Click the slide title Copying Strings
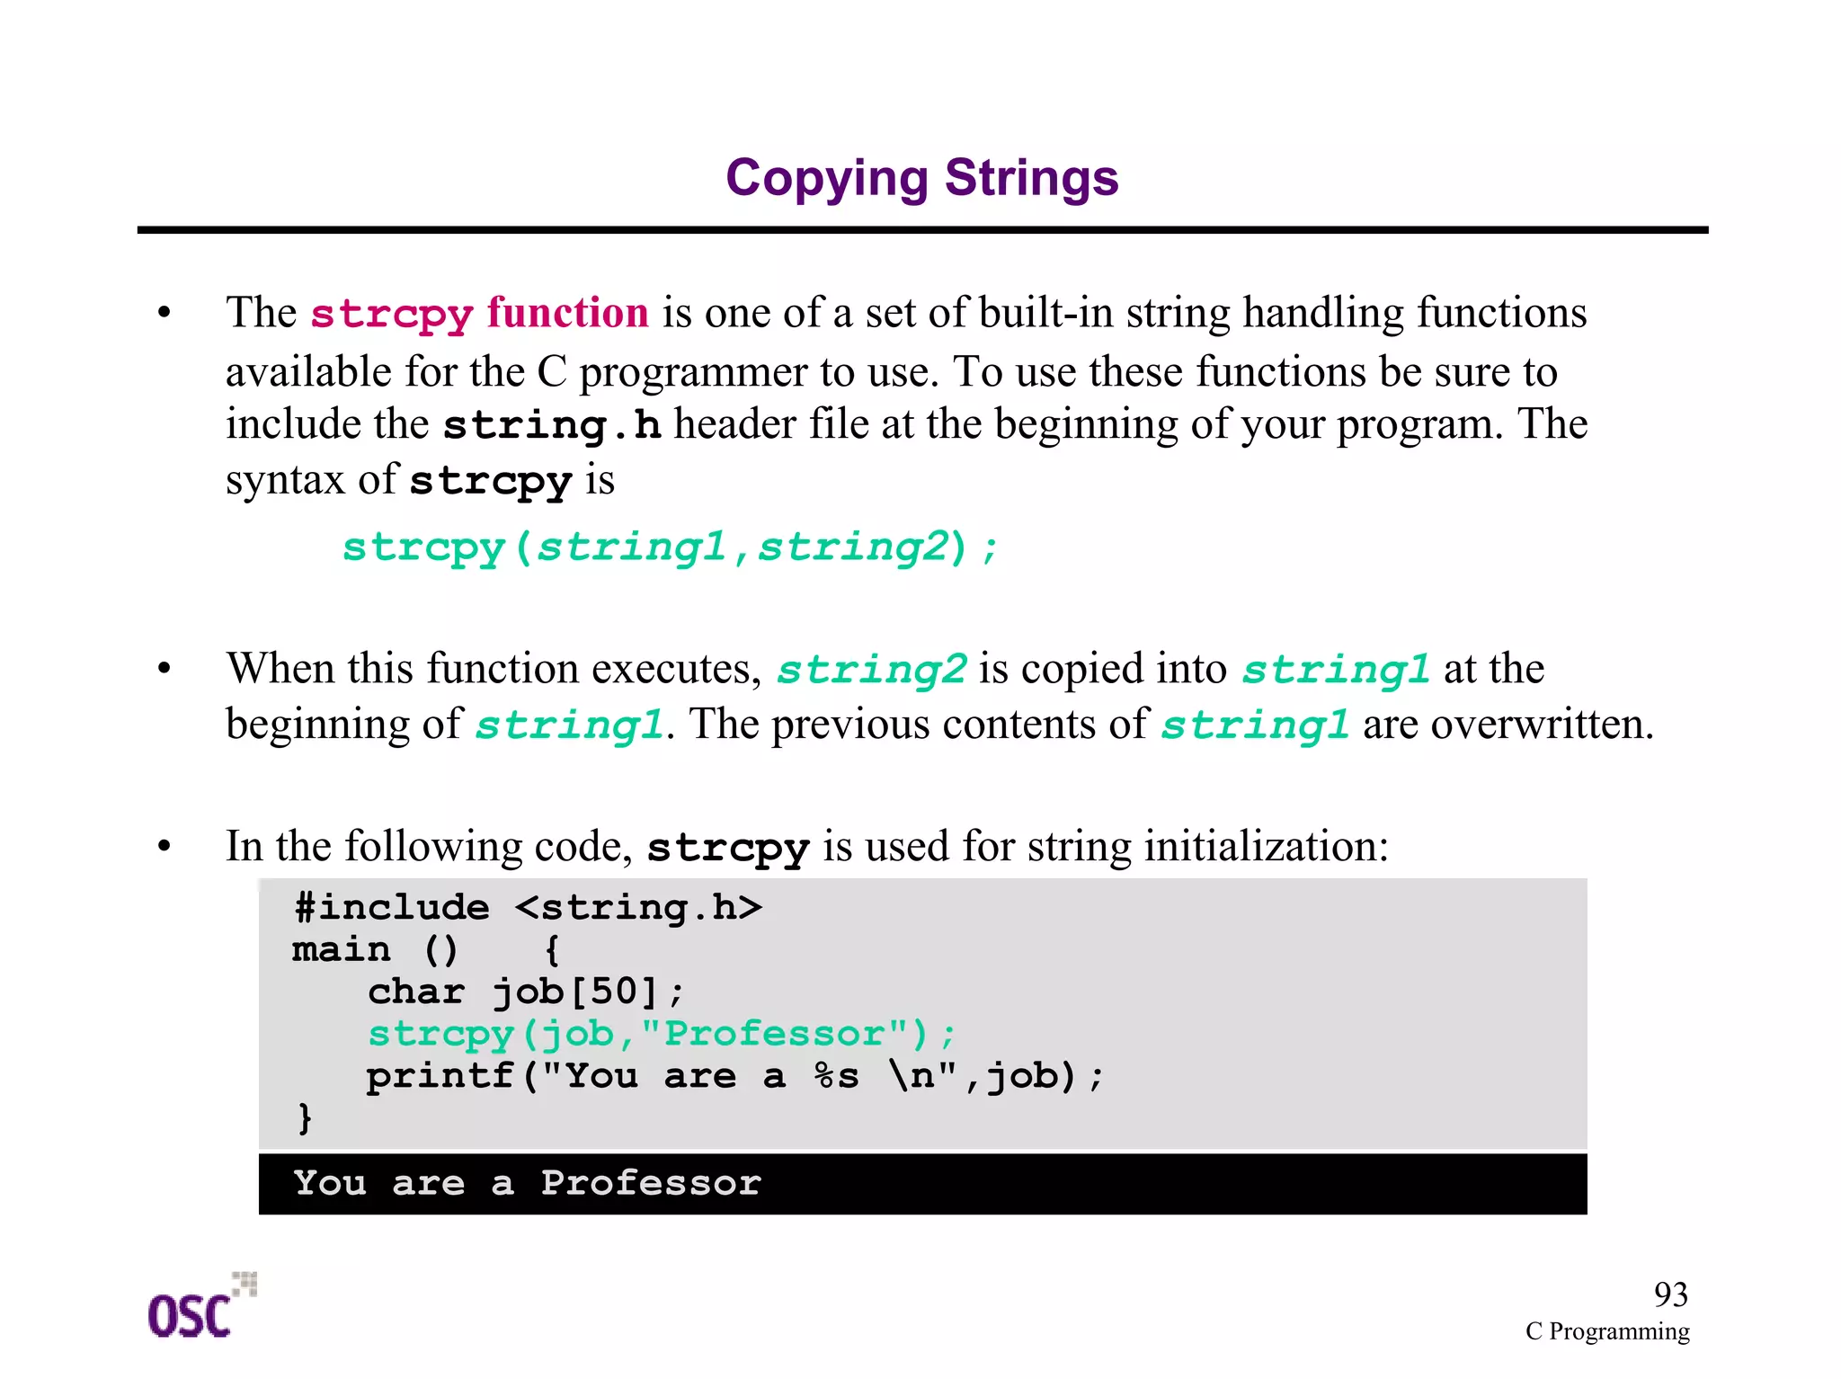click(921, 177)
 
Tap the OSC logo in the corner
click(200, 1308)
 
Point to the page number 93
click(1670, 1294)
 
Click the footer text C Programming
click(1606, 1331)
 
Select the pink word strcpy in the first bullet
click(391, 315)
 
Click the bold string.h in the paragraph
click(552, 425)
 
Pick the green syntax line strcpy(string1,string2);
click(670, 547)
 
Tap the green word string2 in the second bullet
click(871, 670)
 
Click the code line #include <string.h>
click(528, 908)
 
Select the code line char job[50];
click(526, 992)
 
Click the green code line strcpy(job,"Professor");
click(662, 1034)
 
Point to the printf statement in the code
click(734, 1076)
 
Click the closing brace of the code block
click(305, 1117)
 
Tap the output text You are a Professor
click(527, 1183)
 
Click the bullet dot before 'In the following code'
click(164, 846)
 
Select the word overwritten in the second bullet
click(1541, 725)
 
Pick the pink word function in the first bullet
click(567, 313)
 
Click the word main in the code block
click(342, 950)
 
